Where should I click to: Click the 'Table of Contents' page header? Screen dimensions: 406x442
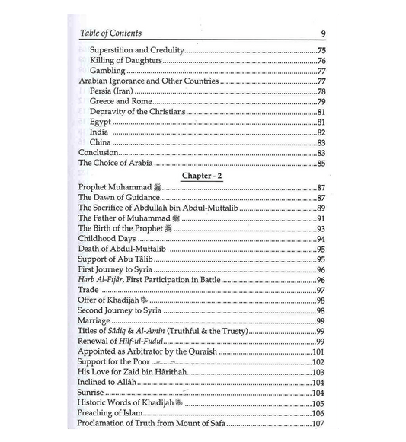pos(110,33)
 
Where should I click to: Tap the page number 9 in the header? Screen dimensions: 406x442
pos(324,34)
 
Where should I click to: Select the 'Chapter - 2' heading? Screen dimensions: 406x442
pos(202,175)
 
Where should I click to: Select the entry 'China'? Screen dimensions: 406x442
pos(101,142)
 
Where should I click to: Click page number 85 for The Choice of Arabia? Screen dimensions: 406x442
pos(321,163)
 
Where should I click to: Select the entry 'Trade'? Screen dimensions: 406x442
pos(90,291)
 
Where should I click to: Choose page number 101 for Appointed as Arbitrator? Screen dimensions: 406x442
pos(319,352)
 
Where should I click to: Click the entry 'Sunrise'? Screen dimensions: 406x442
pos(94,394)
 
